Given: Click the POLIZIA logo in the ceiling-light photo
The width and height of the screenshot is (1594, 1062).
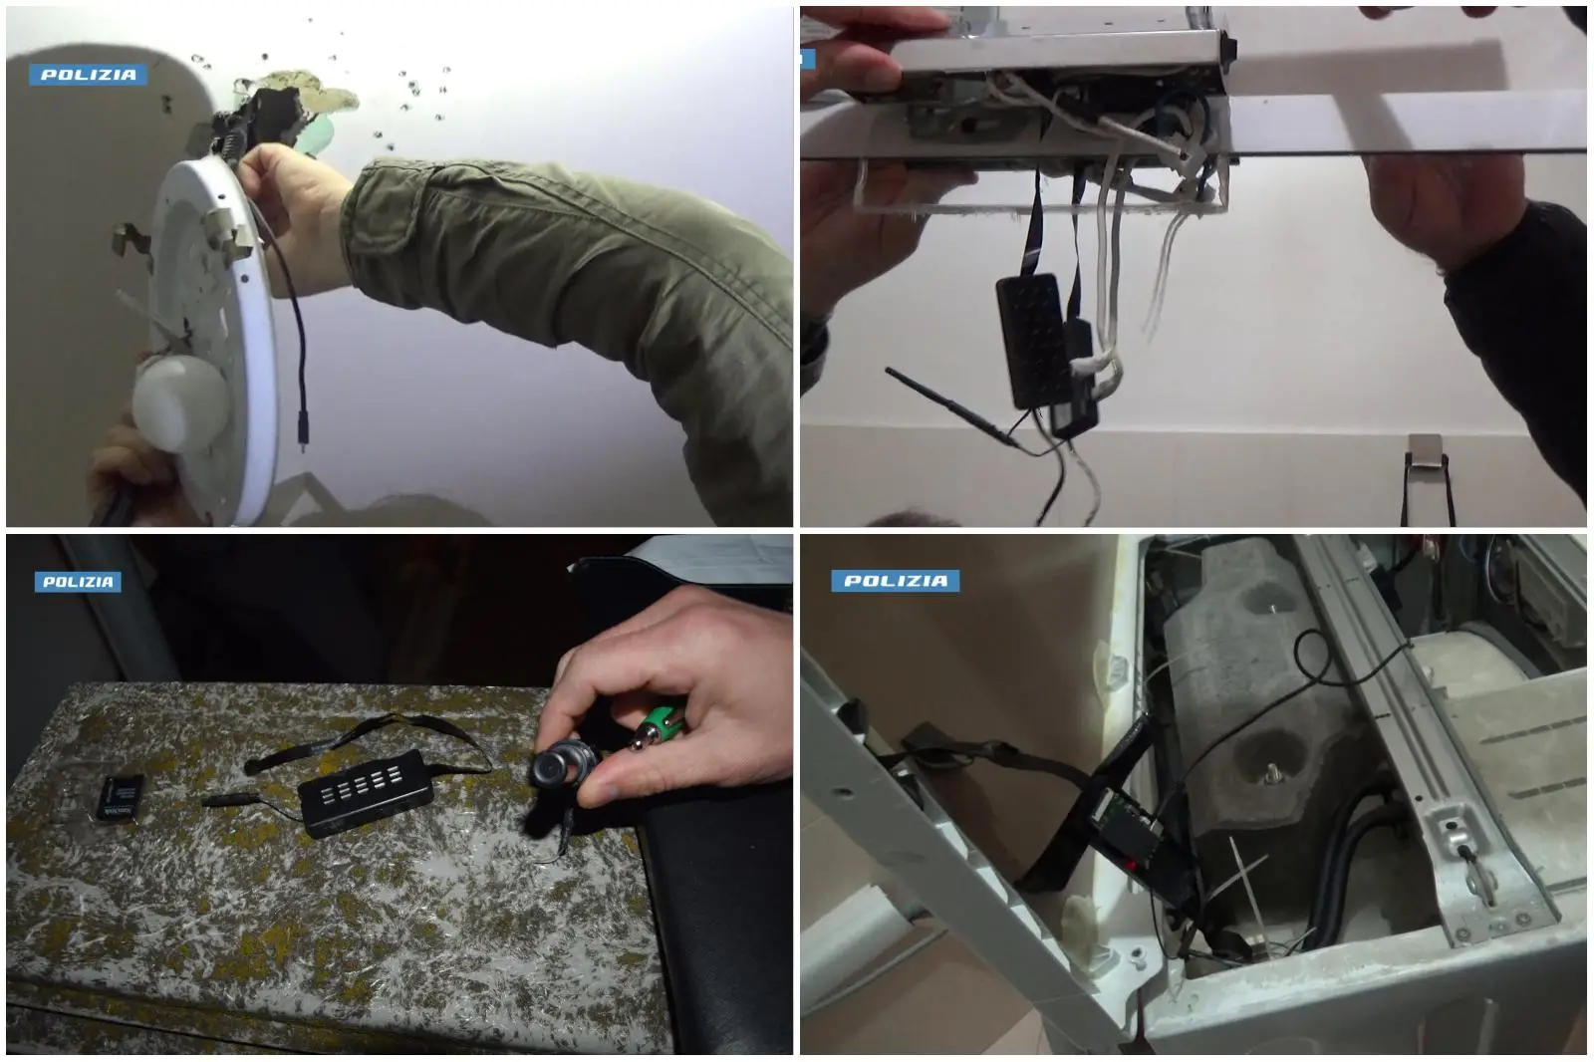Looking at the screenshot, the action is (x=89, y=75).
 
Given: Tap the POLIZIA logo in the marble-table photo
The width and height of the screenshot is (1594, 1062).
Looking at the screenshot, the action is (x=78, y=582).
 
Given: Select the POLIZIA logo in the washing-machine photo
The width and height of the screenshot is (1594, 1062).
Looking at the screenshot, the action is (x=896, y=581).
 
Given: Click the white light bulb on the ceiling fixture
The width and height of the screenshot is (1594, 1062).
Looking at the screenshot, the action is (x=179, y=402).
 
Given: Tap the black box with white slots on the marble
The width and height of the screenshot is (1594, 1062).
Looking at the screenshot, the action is (x=365, y=793).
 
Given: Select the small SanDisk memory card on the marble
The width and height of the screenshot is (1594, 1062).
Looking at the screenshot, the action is (x=121, y=797).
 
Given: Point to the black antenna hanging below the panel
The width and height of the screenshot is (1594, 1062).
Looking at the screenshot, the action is (x=953, y=408).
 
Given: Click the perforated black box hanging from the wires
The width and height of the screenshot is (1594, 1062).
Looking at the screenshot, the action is (x=1033, y=341).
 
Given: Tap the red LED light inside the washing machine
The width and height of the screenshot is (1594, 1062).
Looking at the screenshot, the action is (x=1131, y=866).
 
